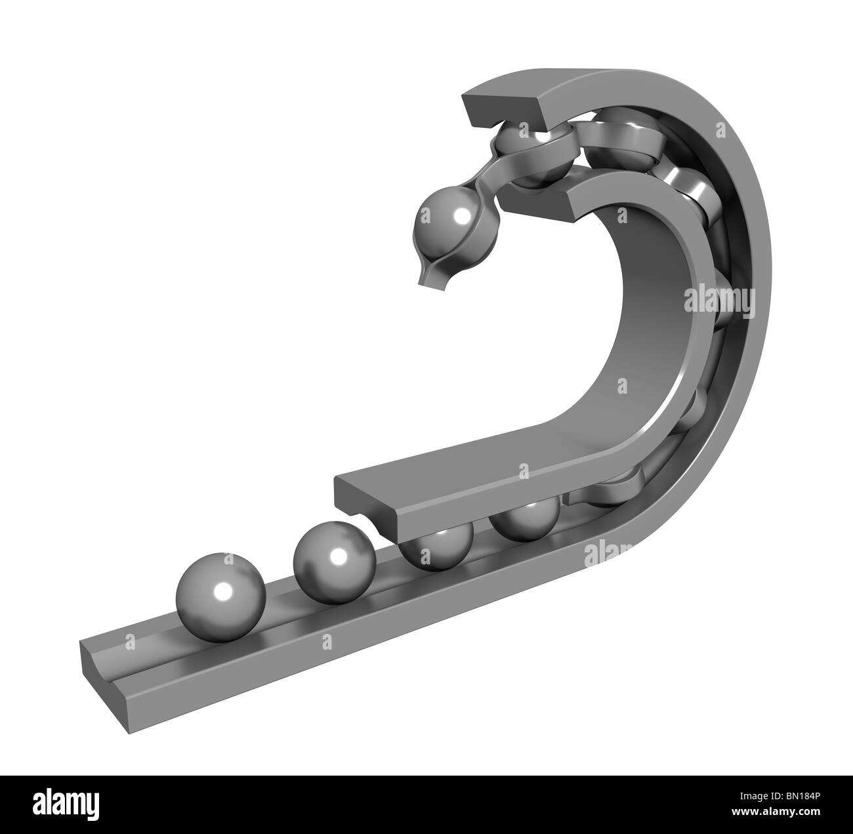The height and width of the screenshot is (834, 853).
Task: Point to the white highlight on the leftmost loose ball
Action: (224, 590)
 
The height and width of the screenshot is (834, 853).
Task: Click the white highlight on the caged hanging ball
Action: (464, 215)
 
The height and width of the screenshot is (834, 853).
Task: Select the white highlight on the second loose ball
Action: (339, 556)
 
